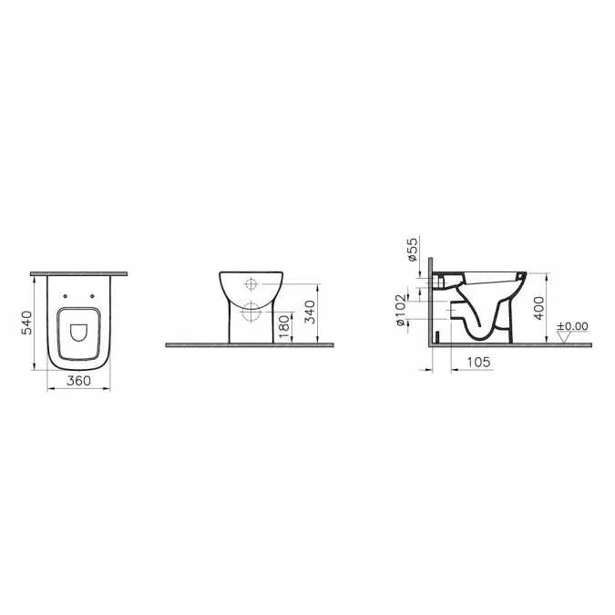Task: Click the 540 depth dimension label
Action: pyautogui.click(x=26, y=323)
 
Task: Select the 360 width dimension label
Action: pyautogui.click(x=78, y=381)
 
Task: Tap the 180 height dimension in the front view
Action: pyautogui.click(x=285, y=327)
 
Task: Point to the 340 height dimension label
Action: pyautogui.click(x=311, y=312)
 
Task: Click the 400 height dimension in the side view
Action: pyautogui.click(x=539, y=308)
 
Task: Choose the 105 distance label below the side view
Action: pyautogui.click(x=478, y=362)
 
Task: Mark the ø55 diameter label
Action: pyautogui.click(x=413, y=249)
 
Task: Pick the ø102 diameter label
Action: pyautogui.click(x=401, y=311)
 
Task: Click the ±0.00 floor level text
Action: pyautogui.click(x=573, y=326)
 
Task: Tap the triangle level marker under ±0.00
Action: pyautogui.click(x=565, y=337)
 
